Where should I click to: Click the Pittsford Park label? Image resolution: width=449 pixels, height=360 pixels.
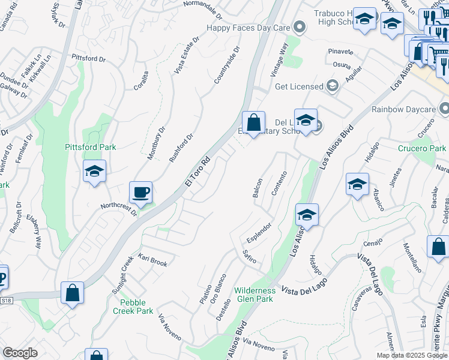91,147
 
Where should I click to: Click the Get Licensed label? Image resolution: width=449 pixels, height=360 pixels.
299,86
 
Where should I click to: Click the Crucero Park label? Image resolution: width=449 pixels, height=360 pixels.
422,148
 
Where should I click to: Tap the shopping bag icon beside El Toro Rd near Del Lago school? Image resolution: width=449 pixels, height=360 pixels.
254,124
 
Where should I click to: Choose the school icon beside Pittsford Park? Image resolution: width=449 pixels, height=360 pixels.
95,172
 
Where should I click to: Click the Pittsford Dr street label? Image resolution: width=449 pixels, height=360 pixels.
88,59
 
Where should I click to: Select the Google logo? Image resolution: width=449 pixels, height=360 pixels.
20,353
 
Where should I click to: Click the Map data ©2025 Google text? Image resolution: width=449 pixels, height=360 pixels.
411,355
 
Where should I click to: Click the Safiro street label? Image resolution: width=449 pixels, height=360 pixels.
249,256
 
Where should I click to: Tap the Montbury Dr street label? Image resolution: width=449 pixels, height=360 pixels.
157,143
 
